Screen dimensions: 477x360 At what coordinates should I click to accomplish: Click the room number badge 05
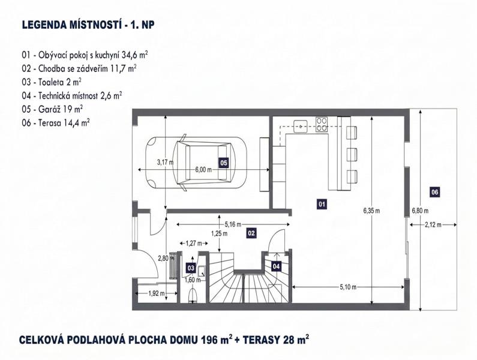224,163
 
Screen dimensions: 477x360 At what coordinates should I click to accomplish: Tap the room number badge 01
322,204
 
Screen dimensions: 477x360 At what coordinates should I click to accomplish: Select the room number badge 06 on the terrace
435,192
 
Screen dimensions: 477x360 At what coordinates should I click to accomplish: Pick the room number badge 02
251,233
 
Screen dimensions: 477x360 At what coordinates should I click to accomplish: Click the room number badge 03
191,268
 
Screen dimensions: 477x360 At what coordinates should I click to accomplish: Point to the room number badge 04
276,266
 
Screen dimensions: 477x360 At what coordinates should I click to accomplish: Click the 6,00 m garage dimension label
203,170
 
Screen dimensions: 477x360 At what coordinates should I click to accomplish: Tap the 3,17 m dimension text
165,162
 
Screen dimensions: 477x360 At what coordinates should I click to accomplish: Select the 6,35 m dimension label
371,211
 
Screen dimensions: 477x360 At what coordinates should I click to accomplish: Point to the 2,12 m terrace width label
433,225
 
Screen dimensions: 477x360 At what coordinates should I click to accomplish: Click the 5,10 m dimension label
349,287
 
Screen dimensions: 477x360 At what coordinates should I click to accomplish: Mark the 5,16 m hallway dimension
233,224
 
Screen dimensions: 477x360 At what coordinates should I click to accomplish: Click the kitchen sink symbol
301,126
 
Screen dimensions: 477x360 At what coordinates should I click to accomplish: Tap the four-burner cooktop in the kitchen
322,124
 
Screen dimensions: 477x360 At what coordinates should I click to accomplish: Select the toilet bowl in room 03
192,295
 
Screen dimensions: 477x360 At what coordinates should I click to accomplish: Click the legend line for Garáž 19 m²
52,109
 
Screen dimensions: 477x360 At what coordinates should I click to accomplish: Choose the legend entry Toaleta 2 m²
52,82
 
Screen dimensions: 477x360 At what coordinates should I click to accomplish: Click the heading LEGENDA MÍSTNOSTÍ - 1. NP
88,25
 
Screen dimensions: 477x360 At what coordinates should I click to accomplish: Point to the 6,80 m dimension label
420,211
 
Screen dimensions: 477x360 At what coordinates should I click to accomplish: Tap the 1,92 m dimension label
157,293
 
